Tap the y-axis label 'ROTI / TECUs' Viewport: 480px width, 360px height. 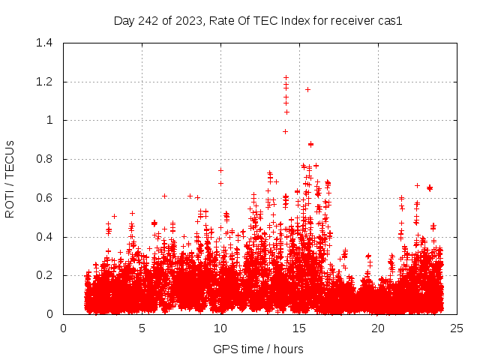[x=10, y=178]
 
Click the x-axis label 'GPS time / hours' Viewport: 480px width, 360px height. [x=258, y=348]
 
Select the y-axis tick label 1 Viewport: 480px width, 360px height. [x=49, y=120]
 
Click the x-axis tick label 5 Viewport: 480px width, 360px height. [x=142, y=328]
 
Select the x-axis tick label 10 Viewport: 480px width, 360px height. [x=220, y=328]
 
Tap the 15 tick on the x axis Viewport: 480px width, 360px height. [x=299, y=328]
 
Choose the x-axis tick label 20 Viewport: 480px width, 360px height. [x=378, y=328]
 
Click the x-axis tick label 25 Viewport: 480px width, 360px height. [x=457, y=328]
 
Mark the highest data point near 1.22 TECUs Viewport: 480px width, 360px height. [x=286, y=77]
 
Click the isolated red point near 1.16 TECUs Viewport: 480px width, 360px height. [x=307, y=89]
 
